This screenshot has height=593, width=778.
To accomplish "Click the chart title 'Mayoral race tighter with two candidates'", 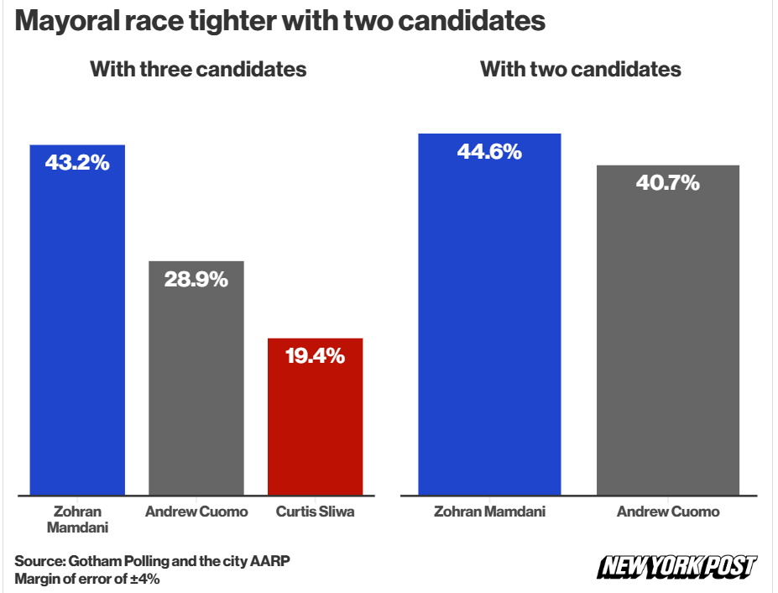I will tap(280, 21).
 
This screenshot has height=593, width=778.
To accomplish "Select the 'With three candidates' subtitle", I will tap(198, 69).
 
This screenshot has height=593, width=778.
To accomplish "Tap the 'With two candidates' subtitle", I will tap(580, 69).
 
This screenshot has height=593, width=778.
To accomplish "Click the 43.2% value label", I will tap(77, 163).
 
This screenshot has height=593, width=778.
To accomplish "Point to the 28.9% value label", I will tap(196, 279).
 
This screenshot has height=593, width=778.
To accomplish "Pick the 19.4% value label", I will tap(315, 356).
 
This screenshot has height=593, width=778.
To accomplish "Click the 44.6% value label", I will tap(489, 152).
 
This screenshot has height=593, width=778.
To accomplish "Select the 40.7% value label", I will tap(667, 183).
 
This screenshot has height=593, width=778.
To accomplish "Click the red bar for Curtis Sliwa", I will tap(315, 428).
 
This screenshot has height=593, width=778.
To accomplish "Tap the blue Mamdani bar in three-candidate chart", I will tap(77, 336).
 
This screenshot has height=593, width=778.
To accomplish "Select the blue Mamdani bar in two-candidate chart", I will tap(489, 336).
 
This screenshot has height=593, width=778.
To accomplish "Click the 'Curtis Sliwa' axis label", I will tap(315, 512).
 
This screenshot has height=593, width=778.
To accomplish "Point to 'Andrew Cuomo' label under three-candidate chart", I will tap(196, 512).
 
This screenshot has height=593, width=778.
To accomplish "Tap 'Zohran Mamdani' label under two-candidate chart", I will tap(489, 512).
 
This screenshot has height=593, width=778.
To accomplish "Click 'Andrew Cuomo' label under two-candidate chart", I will tap(668, 512).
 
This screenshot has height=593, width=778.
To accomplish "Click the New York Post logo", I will tap(676, 567).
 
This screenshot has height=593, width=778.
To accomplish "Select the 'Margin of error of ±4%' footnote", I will tap(87, 579).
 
